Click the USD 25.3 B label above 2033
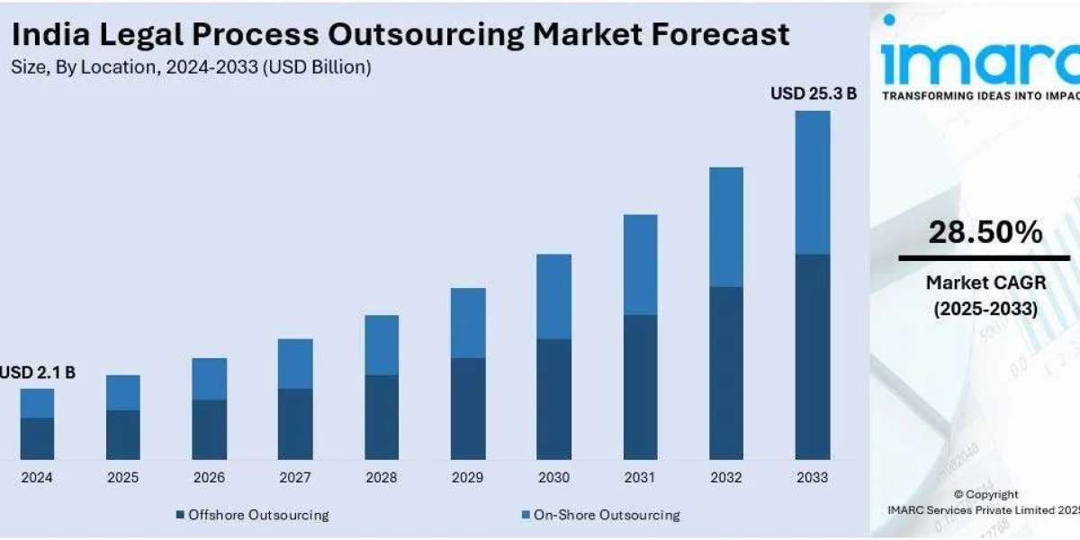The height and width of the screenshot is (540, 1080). point(813,93)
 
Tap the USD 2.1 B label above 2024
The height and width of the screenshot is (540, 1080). point(38,372)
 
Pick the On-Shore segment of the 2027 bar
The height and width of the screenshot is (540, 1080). point(295,364)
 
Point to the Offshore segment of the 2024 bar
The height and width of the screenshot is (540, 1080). point(38,438)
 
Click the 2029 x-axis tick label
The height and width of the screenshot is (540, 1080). point(468,477)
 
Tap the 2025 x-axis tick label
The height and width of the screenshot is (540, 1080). point(123,477)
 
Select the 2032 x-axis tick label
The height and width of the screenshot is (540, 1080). point(726,477)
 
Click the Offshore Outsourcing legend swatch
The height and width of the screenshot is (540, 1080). point(180,515)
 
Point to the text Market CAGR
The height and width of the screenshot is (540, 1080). point(981,283)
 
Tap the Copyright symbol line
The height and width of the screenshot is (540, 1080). point(985,494)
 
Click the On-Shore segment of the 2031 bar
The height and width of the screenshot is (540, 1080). point(640,265)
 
